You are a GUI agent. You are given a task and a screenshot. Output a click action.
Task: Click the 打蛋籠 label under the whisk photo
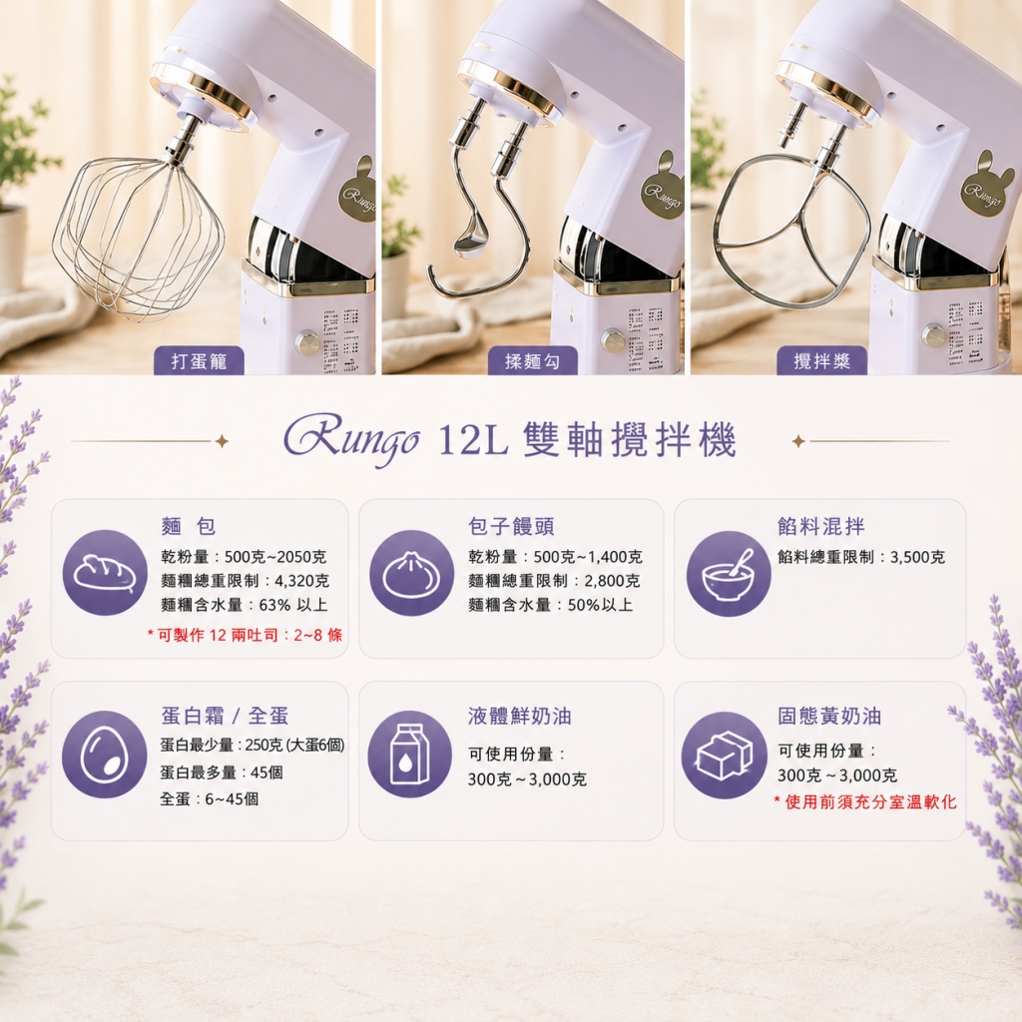[x=199, y=360]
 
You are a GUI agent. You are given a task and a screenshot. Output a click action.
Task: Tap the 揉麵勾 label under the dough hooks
[x=533, y=360]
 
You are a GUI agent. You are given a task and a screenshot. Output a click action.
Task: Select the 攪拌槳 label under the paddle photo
[x=822, y=360]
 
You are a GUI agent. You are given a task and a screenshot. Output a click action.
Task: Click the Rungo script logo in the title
[x=350, y=441]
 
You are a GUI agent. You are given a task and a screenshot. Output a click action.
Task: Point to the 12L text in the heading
[x=473, y=442]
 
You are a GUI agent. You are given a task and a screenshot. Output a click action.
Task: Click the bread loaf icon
[x=105, y=572]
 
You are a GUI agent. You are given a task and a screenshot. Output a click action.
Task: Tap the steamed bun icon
[x=412, y=573]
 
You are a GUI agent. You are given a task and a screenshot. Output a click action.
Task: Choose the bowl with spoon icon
[x=728, y=574]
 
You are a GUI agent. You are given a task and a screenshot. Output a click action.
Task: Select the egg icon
[x=104, y=755]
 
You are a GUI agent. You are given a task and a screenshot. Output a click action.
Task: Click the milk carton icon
[x=410, y=755]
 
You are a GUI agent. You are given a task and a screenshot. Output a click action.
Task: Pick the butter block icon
[x=725, y=756]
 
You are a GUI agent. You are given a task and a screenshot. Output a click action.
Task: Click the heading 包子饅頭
[x=511, y=526]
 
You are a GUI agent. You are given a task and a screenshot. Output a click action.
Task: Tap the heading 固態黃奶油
[x=829, y=716]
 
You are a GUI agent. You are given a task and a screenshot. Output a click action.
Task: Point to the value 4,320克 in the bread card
[x=302, y=581]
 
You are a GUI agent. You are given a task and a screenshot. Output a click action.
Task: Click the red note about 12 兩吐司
[x=245, y=635]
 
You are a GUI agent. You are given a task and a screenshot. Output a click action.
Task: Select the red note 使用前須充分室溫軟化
[x=865, y=801]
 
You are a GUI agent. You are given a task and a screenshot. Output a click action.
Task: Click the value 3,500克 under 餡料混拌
[x=917, y=557]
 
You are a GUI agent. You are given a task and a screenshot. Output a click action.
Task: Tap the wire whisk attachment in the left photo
[x=138, y=238]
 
